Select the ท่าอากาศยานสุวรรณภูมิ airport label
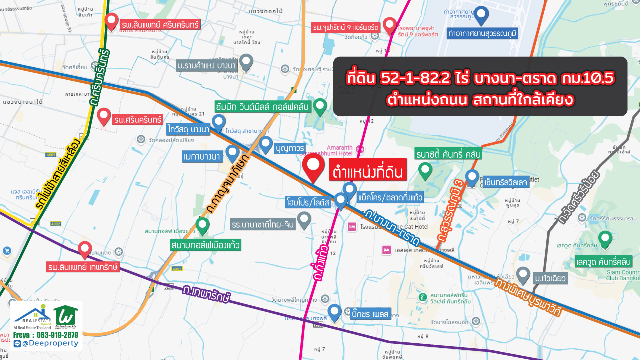(x=482, y=33)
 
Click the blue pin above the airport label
(x=481, y=16)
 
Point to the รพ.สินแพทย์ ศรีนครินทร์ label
(x=160, y=24)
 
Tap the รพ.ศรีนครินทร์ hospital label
(x=138, y=120)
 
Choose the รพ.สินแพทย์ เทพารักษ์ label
(x=83, y=267)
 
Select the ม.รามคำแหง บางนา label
(x=206, y=66)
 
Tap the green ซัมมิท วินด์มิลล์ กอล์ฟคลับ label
(x=263, y=106)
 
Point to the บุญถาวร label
(x=290, y=148)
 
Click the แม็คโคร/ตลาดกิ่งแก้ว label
(x=390, y=198)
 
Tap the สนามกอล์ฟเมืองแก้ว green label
(x=206, y=245)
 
